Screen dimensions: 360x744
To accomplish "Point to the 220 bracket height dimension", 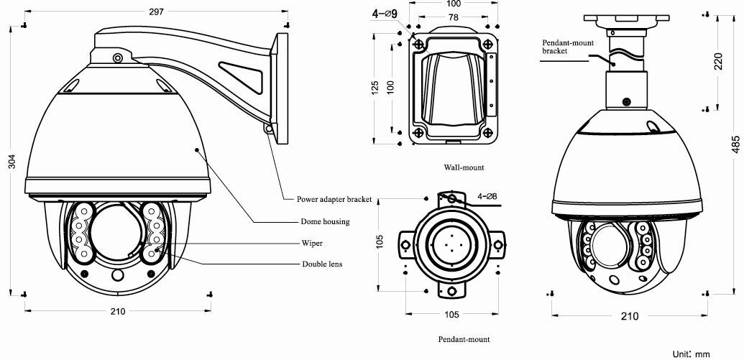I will [x=718, y=62].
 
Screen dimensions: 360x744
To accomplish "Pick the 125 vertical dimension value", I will [x=375, y=88].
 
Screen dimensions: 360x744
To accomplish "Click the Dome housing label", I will [x=325, y=222].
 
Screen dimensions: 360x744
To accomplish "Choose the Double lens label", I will [x=321, y=264].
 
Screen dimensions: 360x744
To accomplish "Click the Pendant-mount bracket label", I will [x=567, y=47].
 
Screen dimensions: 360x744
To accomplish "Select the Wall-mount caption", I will [x=464, y=167].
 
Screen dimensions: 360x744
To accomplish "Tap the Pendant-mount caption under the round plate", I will [x=464, y=338].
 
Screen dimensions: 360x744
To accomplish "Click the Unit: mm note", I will [x=691, y=354].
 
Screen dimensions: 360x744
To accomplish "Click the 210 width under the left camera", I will [x=117, y=311].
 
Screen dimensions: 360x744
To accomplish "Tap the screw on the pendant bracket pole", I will [x=626, y=101].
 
